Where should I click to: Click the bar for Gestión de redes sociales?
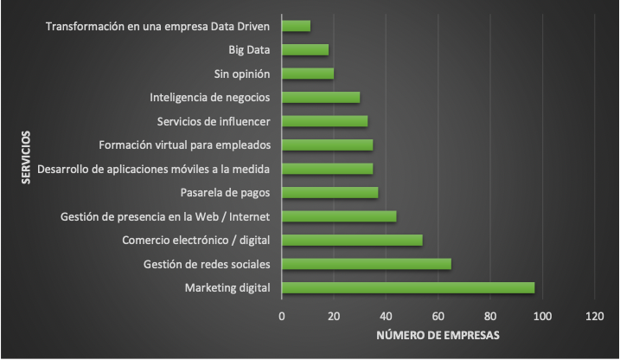click(x=367, y=263)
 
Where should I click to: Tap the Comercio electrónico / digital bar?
click(x=352, y=240)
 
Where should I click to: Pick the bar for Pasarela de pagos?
click(x=329, y=192)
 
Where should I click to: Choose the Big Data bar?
click(x=305, y=49)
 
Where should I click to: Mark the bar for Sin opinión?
click(x=308, y=74)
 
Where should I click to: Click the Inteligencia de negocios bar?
click(x=321, y=97)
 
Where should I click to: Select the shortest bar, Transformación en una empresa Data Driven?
click(x=296, y=26)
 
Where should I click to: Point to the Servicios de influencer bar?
click(x=324, y=121)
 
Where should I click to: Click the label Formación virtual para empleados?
click(x=188, y=145)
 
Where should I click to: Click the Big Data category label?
click(x=250, y=49)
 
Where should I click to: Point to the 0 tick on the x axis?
click(x=282, y=316)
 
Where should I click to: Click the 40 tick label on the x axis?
click(x=386, y=316)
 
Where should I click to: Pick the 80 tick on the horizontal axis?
click(x=490, y=316)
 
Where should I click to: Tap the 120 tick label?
click(x=594, y=316)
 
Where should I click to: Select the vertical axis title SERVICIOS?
click(x=26, y=157)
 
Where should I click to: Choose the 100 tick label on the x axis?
click(x=542, y=316)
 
